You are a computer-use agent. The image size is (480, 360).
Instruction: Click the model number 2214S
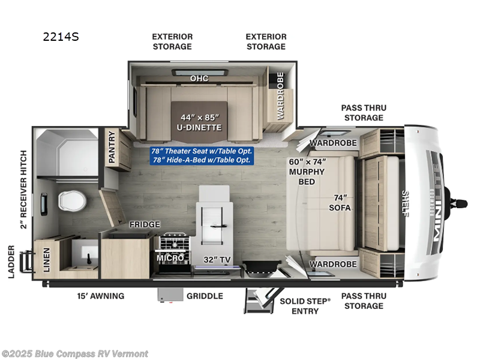point(61,37)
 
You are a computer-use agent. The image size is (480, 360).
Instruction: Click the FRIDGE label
point(145,224)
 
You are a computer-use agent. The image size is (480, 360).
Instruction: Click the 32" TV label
point(217,260)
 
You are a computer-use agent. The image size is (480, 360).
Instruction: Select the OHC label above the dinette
point(199,79)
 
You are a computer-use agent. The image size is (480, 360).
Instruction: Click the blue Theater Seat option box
point(202,155)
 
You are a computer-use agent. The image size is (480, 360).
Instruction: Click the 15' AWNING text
point(100,296)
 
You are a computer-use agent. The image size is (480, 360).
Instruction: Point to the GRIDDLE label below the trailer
point(205,296)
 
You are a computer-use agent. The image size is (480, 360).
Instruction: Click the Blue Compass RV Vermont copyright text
point(74,353)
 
